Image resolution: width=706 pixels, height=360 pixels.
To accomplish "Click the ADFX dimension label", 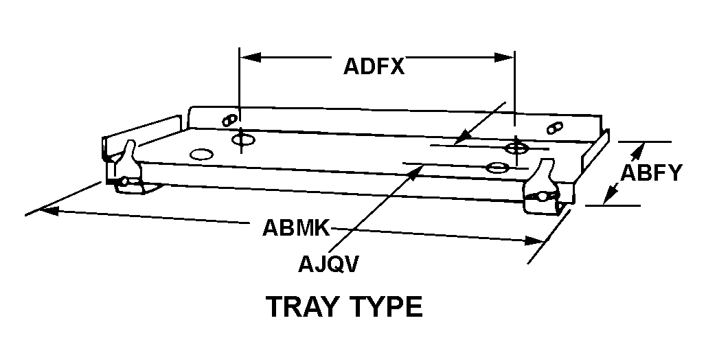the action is (x=374, y=67).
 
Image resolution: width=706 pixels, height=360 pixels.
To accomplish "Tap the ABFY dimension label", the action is (x=651, y=172).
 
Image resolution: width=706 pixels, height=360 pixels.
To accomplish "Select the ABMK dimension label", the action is (x=296, y=227).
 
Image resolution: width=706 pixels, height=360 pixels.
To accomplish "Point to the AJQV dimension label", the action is (x=328, y=265).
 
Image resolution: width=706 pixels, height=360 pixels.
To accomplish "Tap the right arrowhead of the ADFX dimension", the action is (x=504, y=58).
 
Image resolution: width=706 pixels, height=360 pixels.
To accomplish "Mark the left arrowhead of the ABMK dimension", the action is (x=49, y=210).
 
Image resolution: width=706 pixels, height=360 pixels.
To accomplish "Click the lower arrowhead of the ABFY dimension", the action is (x=609, y=196).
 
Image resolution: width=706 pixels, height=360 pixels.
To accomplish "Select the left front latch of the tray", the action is (x=128, y=169).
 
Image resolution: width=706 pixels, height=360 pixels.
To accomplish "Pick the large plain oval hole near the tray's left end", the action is (x=201, y=154).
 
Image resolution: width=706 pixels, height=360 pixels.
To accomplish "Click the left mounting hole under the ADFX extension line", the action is (x=243, y=139).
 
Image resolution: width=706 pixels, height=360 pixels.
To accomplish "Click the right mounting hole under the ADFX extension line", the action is (x=516, y=147).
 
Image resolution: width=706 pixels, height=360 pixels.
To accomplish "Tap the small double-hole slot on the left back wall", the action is (x=229, y=120).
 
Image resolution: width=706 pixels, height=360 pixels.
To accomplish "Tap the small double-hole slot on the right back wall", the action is (x=555, y=128).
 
